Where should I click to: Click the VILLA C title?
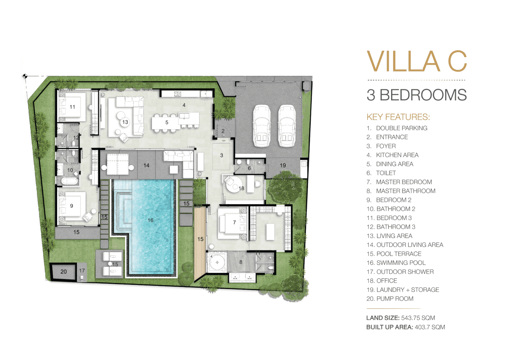pyautogui.click(x=417, y=61)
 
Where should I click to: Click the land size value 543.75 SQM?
pyautogui.click(x=418, y=318)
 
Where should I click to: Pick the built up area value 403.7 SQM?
pyautogui.click(x=430, y=327)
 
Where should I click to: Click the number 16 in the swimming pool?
pyautogui.click(x=150, y=220)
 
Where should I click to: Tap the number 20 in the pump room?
pyautogui.click(x=64, y=271)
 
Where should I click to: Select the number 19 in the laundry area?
pyautogui.click(x=283, y=165)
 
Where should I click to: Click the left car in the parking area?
pyautogui.click(x=261, y=126)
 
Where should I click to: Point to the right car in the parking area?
pyautogui.click(x=287, y=126)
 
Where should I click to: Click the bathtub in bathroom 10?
pyautogui.click(x=70, y=182)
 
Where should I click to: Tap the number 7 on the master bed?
pyautogui.click(x=235, y=222)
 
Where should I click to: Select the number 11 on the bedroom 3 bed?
pyautogui.click(x=72, y=107)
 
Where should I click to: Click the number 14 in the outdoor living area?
pyautogui.click(x=146, y=165)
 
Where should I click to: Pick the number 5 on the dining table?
pyautogui.click(x=167, y=122)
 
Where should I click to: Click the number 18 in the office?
pyautogui.click(x=241, y=188)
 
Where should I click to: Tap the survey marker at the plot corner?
pyautogui.click(x=25, y=76)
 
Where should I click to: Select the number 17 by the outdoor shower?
pyautogui.click(x=82, y=270)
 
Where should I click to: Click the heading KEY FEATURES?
pyautogui.click(x=398, y=117)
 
